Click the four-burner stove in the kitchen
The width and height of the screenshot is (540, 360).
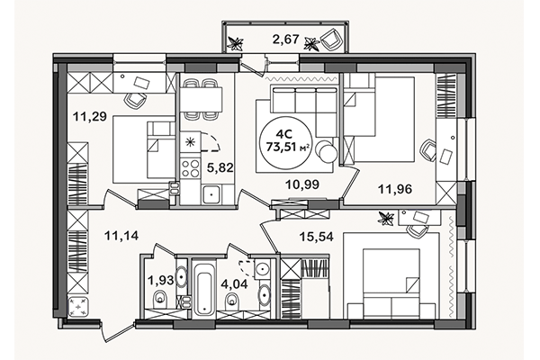pyautogui.click(x=192, y=167)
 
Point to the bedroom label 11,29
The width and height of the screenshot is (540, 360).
pyautogui.click(x=86, y=114)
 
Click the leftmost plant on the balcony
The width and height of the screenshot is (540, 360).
pyautogui.click(x=236, y=40)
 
